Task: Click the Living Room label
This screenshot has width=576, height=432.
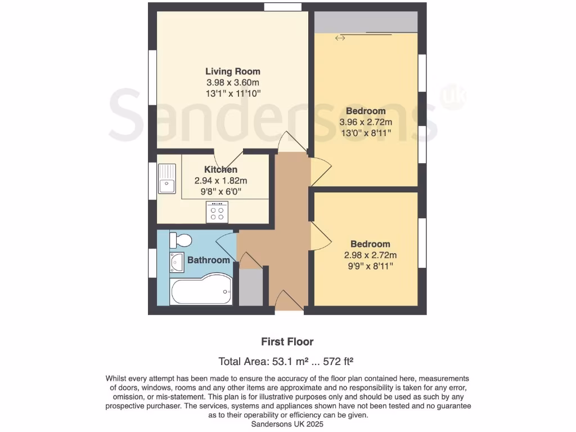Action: coord(232,71)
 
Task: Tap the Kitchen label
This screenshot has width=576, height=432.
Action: coord(220,169)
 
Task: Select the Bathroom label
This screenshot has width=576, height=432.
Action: coord(208,260)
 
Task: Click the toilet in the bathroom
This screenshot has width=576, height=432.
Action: coord(181,240)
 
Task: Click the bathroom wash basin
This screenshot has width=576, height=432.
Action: coord(176,262)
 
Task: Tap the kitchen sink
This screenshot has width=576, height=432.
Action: coord(167,178)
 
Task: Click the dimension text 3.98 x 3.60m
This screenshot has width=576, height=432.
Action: coord(232,82)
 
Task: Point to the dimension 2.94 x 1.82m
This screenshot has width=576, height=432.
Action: coord(220,181)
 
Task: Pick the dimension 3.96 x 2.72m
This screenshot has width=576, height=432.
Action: coord(366,121)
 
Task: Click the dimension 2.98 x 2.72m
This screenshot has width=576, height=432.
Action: coord(370,255)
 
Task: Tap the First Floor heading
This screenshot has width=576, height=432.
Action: coord(287,341)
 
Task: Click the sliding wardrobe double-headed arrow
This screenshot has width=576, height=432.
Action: coord(340,38)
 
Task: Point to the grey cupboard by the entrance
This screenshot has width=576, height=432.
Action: coord(250,287)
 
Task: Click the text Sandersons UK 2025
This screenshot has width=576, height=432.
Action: coord(287,424)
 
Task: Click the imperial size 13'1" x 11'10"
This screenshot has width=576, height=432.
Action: coord(232,93)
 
